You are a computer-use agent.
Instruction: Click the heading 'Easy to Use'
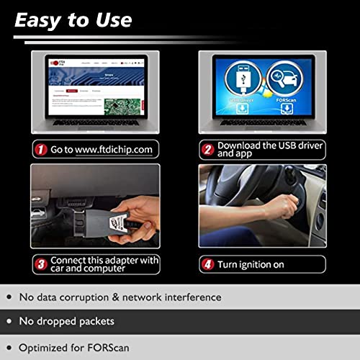tap(73, 19)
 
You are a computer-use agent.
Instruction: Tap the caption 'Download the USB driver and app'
tap(264, 150)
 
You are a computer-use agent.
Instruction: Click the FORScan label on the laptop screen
tap(283, 102)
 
